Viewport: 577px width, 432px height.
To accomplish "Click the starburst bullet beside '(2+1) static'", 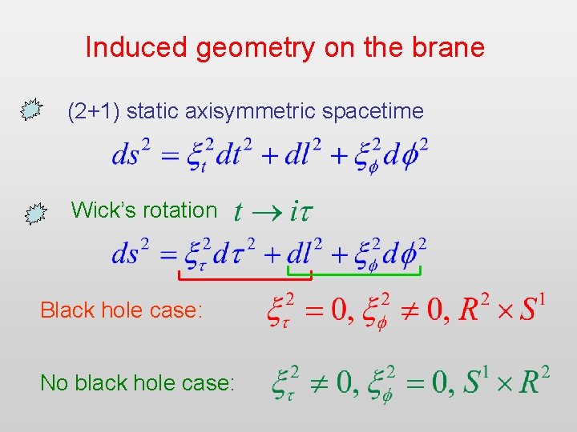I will tap(30, 110).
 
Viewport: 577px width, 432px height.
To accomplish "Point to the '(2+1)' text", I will tap(94, 111).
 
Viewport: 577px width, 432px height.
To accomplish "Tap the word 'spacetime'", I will tap(374, 111).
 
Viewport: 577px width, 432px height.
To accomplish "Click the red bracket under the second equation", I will tap(244, 278).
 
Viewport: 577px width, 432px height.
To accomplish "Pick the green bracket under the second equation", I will tap(365, 274).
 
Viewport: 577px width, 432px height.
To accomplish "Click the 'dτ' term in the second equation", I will tap(236, 254).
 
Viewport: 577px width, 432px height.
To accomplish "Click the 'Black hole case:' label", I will tap(121, 310).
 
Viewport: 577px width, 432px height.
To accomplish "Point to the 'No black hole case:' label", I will tap(137, 383).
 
